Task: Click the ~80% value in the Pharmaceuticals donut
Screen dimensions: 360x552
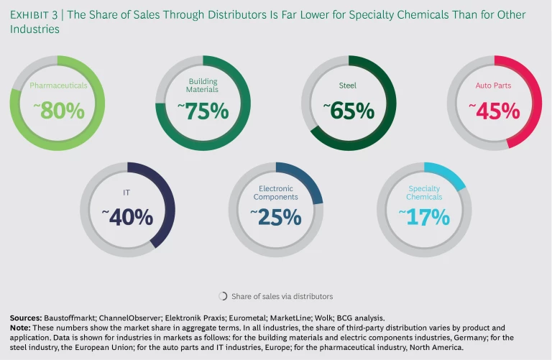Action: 58,111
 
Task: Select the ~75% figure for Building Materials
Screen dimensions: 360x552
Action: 203,111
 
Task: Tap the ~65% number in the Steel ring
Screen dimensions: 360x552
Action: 348,111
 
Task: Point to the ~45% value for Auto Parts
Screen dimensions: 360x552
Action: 494,111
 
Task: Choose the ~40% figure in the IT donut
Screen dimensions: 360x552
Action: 127,216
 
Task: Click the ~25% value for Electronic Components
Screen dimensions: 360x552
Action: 275,216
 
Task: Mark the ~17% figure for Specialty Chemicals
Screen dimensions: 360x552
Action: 423,216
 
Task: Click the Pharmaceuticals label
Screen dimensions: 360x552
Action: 58,85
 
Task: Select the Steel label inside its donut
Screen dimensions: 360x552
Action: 348,85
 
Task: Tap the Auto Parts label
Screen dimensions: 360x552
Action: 494,86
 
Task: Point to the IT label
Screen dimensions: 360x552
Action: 127,192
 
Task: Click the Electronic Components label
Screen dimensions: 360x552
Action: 275,193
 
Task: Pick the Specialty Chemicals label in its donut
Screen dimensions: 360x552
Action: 424,193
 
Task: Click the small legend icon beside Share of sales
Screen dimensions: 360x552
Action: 223,296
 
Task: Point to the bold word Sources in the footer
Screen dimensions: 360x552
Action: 26,318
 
